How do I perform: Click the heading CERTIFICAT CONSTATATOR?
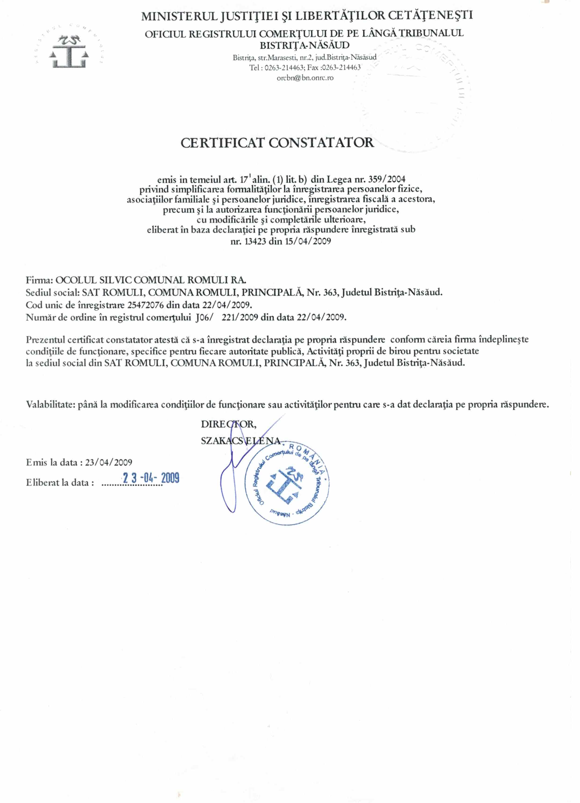[x=277, y=143]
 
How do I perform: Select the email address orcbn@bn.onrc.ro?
[x=305, y=78]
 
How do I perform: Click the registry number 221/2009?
[x=239, y=317]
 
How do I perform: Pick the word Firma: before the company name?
[x=39, y=280]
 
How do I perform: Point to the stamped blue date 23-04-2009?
[x=151, y=478]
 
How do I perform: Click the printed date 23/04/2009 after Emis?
[x=109, y=462]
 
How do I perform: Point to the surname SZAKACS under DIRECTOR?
[x=222, y=441]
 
